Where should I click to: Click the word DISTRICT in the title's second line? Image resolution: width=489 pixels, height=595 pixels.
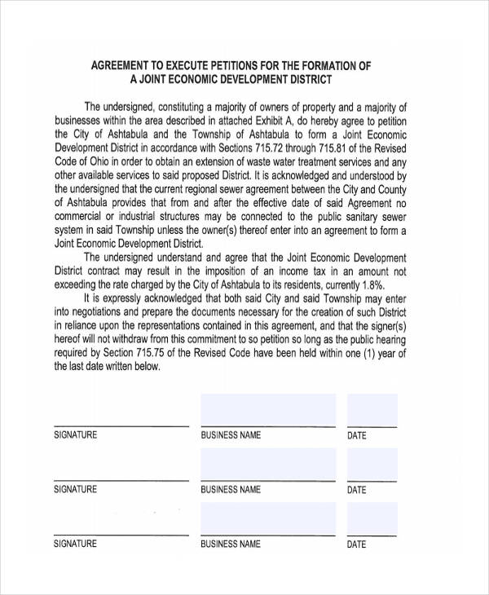(x=304, y=80)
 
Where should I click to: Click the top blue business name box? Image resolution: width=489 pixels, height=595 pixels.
(x=267, y=410)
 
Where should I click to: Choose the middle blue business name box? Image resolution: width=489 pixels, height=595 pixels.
(x=267, y=464)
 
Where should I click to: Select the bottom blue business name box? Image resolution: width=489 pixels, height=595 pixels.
(x=267, y=518)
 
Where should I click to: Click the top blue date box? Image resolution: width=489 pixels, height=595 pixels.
(x=372, y=410)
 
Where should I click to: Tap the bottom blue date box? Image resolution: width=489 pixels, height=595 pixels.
(x=372, y=518)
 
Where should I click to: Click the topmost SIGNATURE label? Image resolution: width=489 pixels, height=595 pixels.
(x=75, y=435)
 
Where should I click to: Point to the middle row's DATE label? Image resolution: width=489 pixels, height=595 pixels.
(x=356, y=491)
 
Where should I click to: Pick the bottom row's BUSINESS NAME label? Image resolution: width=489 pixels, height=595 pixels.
(x=231, y=544)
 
